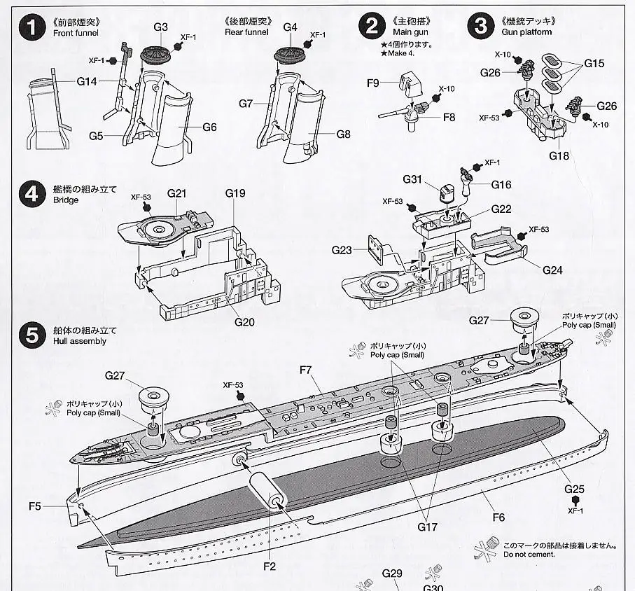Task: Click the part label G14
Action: click(x=87, y=82)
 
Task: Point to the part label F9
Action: click(x=372, y=83)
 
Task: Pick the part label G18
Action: click(x=559, y=155)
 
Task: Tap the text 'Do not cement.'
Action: click(x=529, y=555)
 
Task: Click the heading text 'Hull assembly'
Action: click(x=79, y=342)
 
